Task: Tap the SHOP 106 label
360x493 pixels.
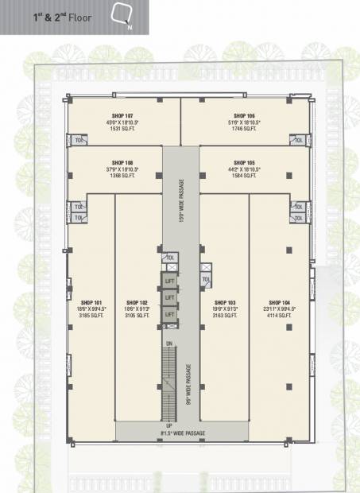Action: [x=245, y=115]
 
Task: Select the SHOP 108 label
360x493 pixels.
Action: [x=123, y=161]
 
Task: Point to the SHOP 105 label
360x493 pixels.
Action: [x=245, y=161]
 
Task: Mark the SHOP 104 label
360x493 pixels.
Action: [x=280, y=303]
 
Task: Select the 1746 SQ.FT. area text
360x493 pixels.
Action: [x=245, y=128]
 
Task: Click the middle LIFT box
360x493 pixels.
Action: [x=169, y=297]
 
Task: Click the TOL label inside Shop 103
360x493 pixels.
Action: [x=206, y=279]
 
